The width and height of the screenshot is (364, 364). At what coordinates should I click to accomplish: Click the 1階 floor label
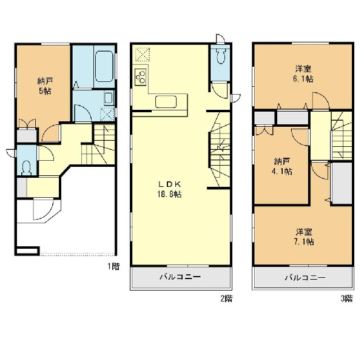coord(113,266)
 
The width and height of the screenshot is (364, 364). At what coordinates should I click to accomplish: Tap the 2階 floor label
coord(226,298)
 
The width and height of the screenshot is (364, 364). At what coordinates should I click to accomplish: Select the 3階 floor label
coord(347,298)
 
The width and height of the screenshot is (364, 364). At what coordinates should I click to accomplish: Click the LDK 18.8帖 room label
coord(169,189)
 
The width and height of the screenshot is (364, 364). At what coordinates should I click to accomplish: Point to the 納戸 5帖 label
coord(45,86)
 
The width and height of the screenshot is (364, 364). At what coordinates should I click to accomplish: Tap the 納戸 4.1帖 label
coord(282,166)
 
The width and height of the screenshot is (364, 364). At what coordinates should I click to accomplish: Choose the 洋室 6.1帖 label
coord(303,74)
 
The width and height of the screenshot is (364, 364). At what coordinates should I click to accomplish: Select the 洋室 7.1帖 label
coord(304,237)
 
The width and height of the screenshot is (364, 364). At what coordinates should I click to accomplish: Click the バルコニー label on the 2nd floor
coord(180,277)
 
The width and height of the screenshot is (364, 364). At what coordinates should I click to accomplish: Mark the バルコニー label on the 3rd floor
coord(305,278)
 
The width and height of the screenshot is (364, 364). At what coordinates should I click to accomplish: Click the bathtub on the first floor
coord(104,66)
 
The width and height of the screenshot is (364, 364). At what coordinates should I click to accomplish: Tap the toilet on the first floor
coord(26,168)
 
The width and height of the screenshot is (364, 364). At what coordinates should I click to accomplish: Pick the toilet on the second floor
coord(220,56)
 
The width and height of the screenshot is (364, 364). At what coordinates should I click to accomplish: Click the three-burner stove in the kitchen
coord(141,76)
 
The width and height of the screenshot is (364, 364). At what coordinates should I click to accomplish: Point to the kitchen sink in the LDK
coord(166,102)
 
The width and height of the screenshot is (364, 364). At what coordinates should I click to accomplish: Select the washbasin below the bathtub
coord(109,98)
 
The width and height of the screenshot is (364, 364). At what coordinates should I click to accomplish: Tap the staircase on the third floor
coord(341,136)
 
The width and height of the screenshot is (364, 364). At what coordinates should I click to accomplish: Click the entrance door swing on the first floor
coord(44,209)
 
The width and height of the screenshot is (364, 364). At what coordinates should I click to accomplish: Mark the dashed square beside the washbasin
coord(107,115)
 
